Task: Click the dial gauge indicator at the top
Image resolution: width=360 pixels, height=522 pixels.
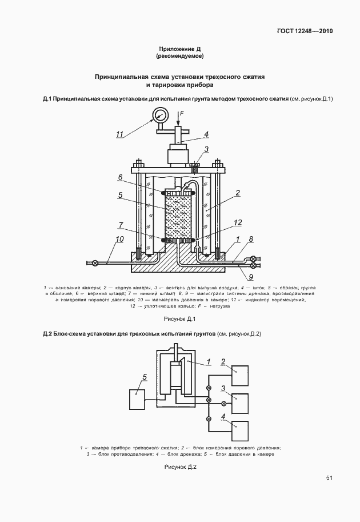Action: [x=159, y=116]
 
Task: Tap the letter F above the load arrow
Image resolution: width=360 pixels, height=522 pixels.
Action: [x=181, y=114]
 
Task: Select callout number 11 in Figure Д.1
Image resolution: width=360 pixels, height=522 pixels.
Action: [x=120, y=134]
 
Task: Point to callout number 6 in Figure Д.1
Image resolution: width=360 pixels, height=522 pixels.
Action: [x=121, y=177]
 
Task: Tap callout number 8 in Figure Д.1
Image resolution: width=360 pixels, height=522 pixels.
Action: [x=250, y=240]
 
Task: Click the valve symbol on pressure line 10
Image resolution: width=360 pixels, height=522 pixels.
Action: [x=95, y=263]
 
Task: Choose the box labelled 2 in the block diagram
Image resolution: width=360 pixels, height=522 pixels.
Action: [x=241, y=374]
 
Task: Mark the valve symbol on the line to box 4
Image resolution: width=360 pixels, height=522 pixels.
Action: [x=209, y=419]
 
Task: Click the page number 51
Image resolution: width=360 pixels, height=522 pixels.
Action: [x=330, y=478]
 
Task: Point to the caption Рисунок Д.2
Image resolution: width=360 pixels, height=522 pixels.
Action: [x=180, y=467]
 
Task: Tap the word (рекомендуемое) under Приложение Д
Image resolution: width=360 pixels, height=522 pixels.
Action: [x=180, y=57]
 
